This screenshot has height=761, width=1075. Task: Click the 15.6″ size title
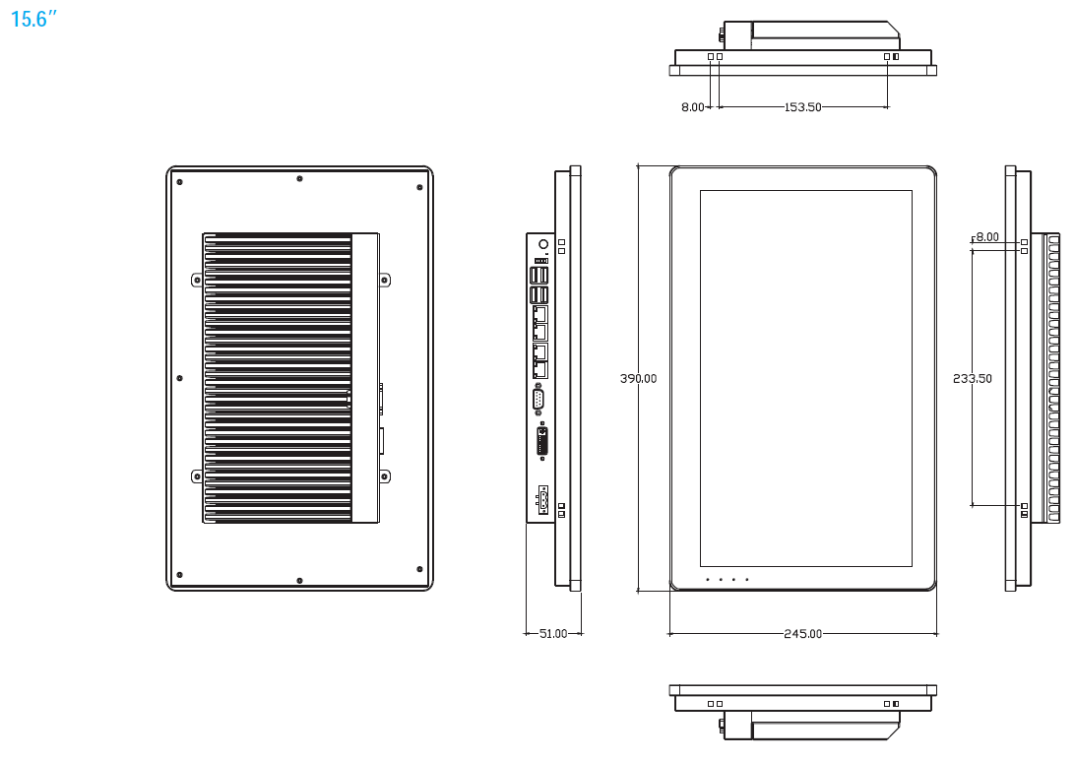coord(29,19)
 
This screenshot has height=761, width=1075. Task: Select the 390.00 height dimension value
coord(638,378)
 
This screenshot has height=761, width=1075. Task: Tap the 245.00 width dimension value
coord(802,634)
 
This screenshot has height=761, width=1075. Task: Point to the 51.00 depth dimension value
coord(553,634)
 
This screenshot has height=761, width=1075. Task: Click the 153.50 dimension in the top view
coord(802,107)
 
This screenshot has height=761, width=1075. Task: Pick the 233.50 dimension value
coord(973,378)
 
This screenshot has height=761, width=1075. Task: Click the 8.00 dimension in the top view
coord(693,107)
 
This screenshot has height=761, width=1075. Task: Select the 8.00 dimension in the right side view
coord(986,237)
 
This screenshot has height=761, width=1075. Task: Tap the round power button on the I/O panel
coord(542,242)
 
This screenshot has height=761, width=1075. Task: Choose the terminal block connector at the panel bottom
coord(541,500)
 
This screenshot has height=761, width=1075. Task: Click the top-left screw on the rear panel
coord(179,182)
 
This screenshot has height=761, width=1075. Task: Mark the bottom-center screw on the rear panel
coord(299,579)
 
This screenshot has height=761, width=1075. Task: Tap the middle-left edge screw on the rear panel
coord(179,378)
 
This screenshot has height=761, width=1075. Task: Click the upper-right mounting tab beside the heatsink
coord(385,280)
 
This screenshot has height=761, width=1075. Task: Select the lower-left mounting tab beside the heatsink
coord(197,476)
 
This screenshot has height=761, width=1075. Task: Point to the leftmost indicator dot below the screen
coord(707,579)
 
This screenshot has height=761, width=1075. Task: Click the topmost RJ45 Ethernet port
coord(539,314)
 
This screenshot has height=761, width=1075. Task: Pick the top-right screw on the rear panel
coord(419,182)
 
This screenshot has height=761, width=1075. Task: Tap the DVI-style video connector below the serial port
coord(542,441)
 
